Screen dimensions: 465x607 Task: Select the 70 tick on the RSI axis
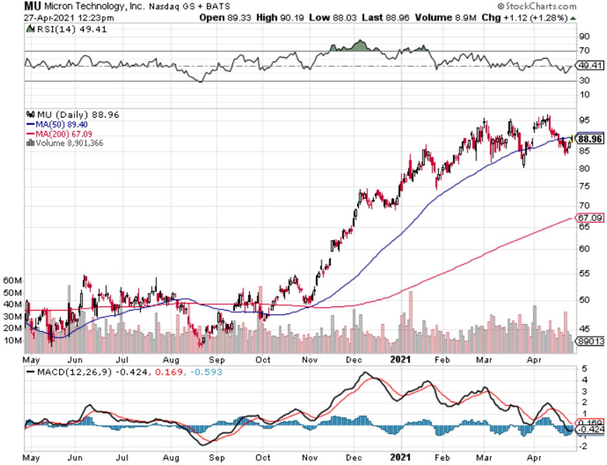(x=584, y=51)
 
